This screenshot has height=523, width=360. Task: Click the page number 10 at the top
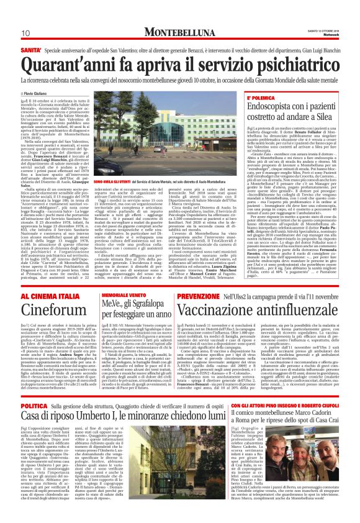[x=25, y=33]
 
